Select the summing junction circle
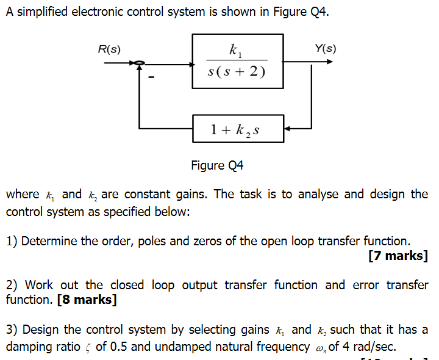140,62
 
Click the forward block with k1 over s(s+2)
238,61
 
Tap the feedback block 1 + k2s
238,129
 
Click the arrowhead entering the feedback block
288,129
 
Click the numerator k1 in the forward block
235,50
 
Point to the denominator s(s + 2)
237,71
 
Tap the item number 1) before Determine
12,241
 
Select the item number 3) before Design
12,330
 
